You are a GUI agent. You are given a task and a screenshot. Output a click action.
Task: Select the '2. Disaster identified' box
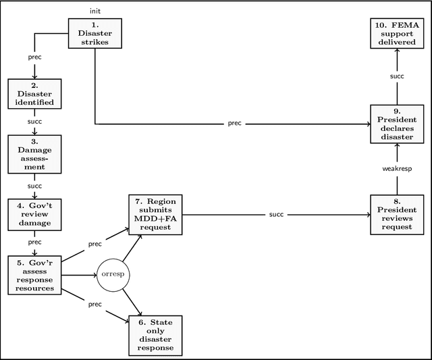point(34,94)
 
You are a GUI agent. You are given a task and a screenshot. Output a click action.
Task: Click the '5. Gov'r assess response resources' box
point(34,275)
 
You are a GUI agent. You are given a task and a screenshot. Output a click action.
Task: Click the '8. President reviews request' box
point(397,214)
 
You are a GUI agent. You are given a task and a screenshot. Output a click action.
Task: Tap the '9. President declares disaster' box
point(397,124)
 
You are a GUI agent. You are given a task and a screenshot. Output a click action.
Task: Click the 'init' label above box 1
point(94,11)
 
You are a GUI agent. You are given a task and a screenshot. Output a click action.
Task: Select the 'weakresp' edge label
point(397,169)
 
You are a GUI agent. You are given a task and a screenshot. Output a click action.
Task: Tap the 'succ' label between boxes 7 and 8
point(276,214)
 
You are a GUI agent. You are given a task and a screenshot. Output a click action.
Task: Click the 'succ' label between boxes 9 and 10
point(397,77)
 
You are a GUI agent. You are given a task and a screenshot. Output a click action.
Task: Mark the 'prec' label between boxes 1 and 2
point(34,57)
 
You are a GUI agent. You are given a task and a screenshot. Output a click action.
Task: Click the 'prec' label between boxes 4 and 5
point(34,241)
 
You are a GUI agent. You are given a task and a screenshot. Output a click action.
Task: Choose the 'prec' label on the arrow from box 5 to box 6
point(94,305)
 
